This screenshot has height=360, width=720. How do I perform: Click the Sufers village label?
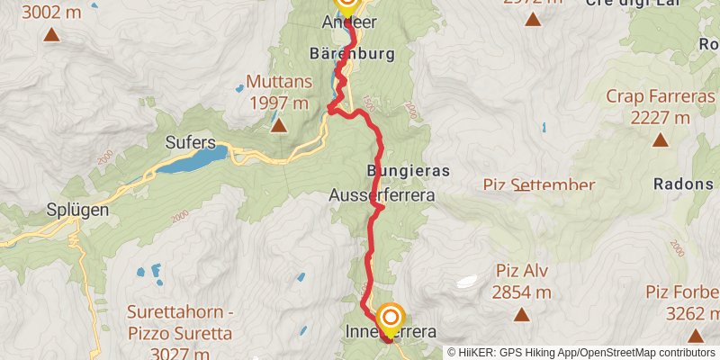click(x=190, y=141)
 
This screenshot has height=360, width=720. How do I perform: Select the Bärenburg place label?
click(x=351, y=54)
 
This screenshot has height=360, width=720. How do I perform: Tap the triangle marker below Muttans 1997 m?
click(x=279, y=125)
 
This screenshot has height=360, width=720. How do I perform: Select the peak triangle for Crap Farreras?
click(x=660, y=139)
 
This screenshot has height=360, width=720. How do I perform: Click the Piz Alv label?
click(x=522, y=270)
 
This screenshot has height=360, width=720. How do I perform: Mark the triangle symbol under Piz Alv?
click(x=521, y=314)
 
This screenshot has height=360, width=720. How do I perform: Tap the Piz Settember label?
click(x=538, y=184)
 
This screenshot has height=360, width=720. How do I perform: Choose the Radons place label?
click(x=684, y=183)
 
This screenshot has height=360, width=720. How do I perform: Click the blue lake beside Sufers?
click(x=196, y=159)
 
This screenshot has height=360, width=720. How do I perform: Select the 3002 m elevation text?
click(x=51, y=12)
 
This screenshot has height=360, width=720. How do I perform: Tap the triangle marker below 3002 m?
click(x=51, y=35)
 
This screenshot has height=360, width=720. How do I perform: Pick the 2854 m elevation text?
click(x=522, y=292)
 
